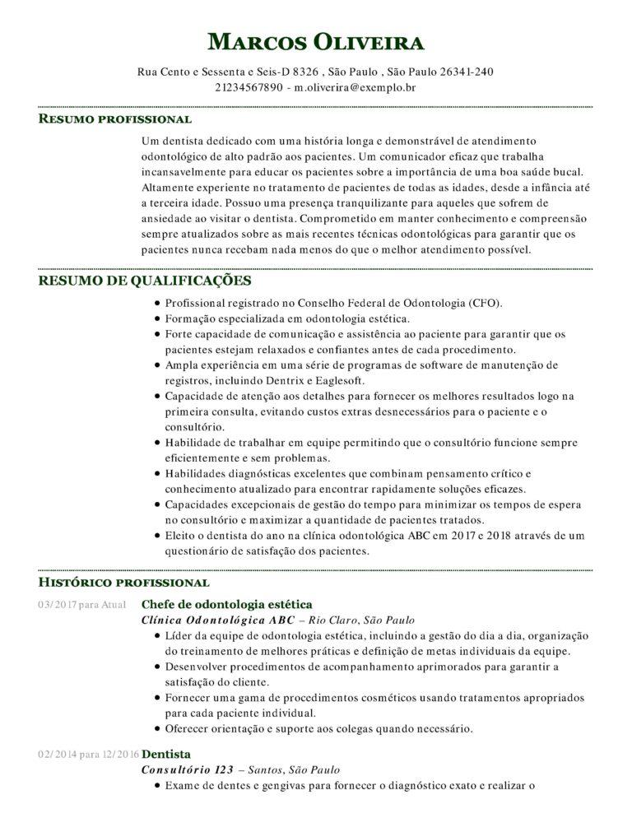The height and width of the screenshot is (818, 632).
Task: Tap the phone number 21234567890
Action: click(249, 86)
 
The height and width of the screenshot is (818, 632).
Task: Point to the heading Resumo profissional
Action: click(115, 119)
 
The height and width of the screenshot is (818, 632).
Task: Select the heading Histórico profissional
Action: click(123, 583)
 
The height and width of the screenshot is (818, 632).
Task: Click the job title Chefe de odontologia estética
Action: click(227, 604)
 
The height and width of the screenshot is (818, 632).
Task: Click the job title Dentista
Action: click(166, 754)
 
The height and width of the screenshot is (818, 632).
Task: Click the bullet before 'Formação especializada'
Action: click(156, 318)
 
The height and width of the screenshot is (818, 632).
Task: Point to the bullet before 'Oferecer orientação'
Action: click(156, 728)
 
